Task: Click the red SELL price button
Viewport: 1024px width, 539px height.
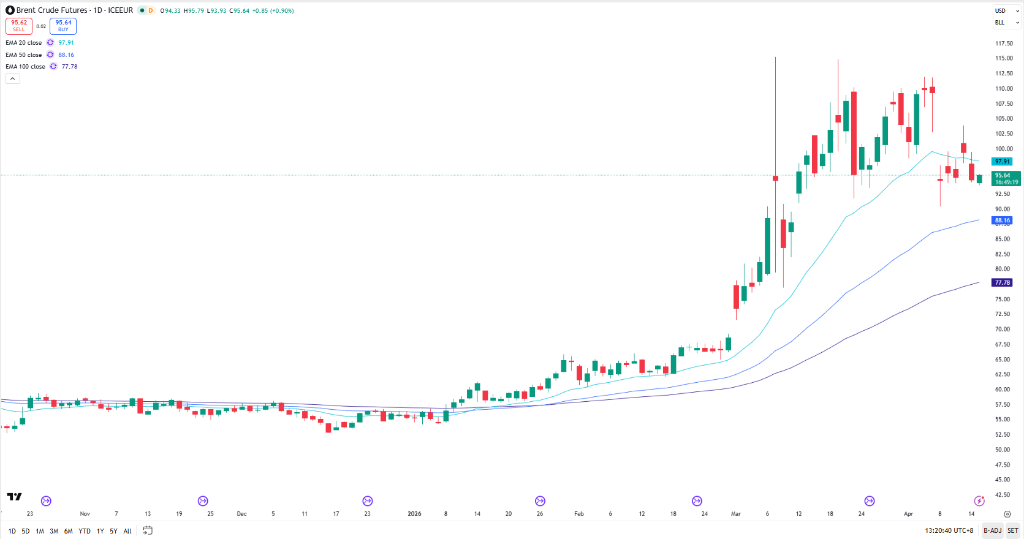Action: (x=19, y=26)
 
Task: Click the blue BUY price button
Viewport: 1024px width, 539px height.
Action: (x=63, y=26)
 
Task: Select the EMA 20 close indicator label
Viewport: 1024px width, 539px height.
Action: (x=24, y=43)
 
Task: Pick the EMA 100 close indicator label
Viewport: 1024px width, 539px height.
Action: (x=25, y=67)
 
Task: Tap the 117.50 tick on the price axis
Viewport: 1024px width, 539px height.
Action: (x=1004, y=43)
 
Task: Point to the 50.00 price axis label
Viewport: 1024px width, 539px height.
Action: (x=1003, y=450)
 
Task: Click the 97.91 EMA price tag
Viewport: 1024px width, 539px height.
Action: (x=1003, y=162)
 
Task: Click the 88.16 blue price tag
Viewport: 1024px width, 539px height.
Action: (x=1003, y=221)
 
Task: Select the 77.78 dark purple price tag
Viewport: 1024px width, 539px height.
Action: (x=1003, y=283)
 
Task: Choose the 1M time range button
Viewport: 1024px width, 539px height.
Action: (x=40, y=531)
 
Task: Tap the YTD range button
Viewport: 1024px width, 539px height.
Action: (x=85, y=531)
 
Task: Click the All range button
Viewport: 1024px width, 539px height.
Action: (x=127, y=531)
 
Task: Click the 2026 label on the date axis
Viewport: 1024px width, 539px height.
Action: (x=414, y=514)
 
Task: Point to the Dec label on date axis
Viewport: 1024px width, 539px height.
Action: (x=241, y=514)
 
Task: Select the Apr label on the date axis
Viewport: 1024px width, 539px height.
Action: (x=908, y=514)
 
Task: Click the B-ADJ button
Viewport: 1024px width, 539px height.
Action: (x=992, y=530)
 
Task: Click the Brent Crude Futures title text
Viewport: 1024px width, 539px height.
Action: (x=51, y=10)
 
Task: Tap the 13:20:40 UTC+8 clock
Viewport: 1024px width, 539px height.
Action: (x=949, y=530)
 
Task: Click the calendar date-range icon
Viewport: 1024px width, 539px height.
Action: (x=148, y=530)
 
